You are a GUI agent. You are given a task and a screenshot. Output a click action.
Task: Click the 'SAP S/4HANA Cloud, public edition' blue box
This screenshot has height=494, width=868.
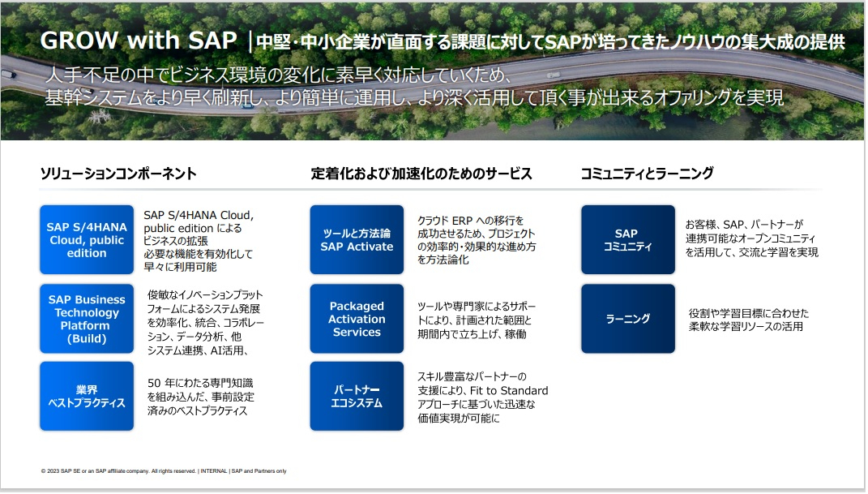(x=87, y=240)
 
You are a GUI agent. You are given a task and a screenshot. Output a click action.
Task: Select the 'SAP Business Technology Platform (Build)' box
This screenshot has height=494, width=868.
(x=87, y=319)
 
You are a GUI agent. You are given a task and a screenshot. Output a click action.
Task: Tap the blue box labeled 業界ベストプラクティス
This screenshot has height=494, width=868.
(x=87, y=397)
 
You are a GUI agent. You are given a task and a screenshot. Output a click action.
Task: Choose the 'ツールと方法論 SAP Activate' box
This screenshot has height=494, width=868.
(x=357, y=240)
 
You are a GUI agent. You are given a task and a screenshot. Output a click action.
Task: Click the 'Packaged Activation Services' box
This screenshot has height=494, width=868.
(x=357, y=319)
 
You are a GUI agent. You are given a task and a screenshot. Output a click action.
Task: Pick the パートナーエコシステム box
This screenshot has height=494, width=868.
(x=357, y=397)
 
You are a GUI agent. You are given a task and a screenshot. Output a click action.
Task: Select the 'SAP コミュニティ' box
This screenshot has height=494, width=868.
(x=628, y=240)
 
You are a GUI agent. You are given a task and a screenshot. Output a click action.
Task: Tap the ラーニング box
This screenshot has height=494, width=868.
(x=628, y=319)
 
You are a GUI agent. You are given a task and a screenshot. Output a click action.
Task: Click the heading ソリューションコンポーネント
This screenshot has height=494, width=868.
(x=118, y=174)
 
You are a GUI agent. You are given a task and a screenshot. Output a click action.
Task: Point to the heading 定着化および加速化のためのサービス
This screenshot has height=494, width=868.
(x=421, y=174)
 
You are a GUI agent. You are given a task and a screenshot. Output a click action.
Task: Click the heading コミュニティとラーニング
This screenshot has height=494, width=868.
(x=647, y=174)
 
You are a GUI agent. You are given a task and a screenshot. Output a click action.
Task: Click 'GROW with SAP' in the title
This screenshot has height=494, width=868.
(x=139, y=41)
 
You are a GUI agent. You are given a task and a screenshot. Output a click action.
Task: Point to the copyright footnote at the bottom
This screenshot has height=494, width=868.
(x=164, y=471)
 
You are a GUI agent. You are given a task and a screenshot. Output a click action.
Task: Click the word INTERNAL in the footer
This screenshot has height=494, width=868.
(x=214, y=471)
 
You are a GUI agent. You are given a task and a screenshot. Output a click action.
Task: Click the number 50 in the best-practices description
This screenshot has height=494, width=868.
(x=154, y=383)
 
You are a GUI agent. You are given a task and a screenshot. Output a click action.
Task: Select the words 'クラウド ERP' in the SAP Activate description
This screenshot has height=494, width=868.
(x=445, y=221)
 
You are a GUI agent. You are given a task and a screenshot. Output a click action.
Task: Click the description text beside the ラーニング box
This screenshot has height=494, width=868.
(x=748, y=320)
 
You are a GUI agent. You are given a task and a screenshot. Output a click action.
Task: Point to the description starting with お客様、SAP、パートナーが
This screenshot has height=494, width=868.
(x=752, y=238)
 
